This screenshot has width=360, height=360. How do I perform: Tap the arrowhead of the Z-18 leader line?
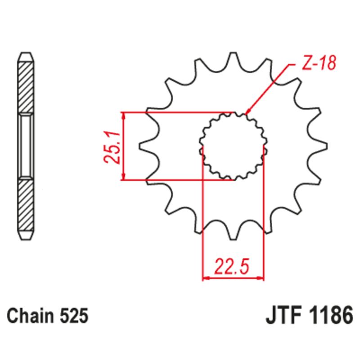tap(248, 110)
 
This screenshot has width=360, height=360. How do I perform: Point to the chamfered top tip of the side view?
tap(26, 56)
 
